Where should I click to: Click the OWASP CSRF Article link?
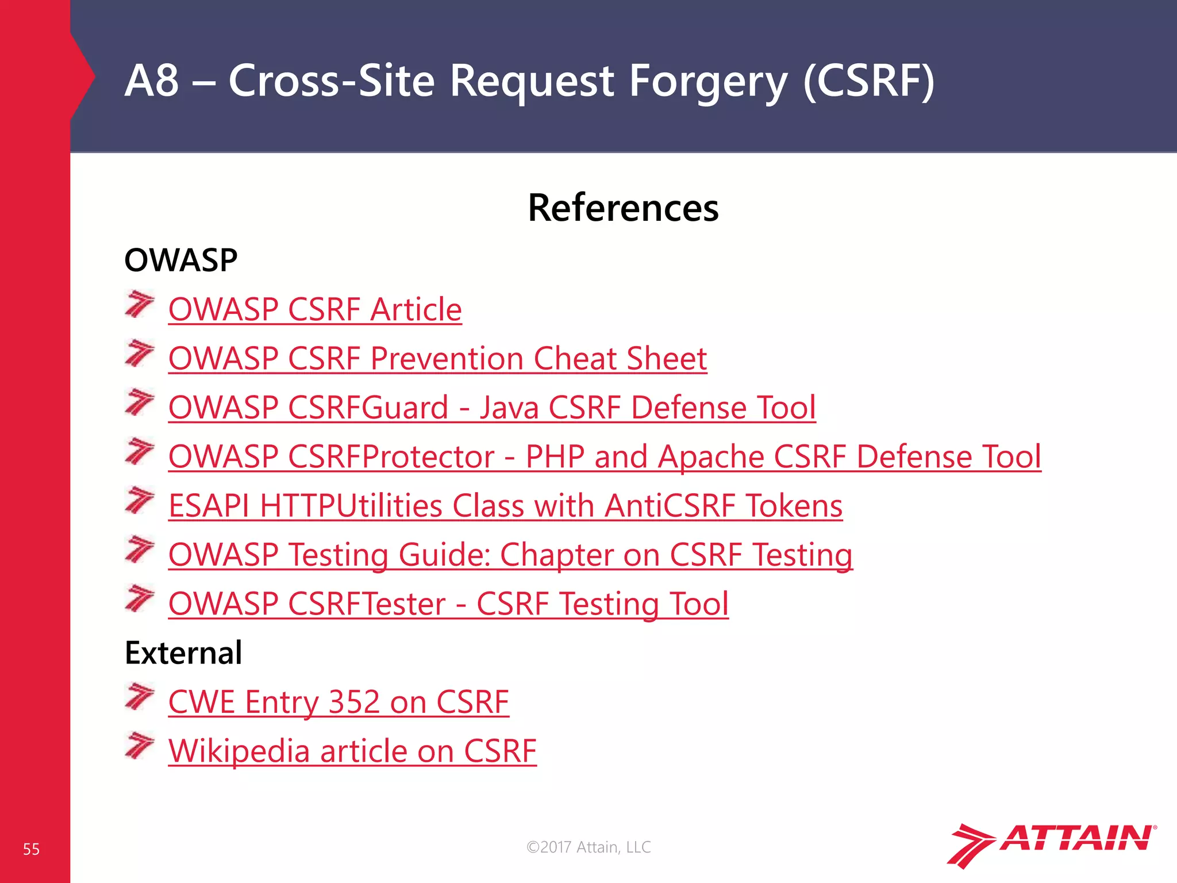(x=315, y=309)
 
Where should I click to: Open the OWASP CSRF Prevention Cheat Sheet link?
(x=437, y=359)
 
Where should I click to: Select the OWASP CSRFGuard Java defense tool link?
(x=492, y=408)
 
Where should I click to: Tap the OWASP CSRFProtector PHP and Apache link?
(x=605, y=456)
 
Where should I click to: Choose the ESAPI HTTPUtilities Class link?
(x=505, y=506)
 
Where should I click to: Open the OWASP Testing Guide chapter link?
(x=510, y=555)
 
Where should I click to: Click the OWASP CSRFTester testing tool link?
(x=448, y=604)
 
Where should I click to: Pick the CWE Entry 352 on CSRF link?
(x=339, y=702)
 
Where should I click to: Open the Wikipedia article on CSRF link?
(x=352, y=751)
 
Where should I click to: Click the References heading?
(x=623, y=208)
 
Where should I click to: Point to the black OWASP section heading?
(x=181, y=260)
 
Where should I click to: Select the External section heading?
(x=183, y=653)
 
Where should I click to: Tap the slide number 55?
(x=31, y=849)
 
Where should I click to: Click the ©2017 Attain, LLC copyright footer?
(x=588, y=847)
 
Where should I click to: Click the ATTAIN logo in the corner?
(x=1051, y=843)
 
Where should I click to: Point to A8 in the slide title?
(x=151, y=80)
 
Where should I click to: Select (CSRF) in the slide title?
(x=868, y=81)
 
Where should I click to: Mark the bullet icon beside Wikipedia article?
(x=140, y=746)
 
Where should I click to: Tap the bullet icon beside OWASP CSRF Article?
(x=140, y=304)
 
